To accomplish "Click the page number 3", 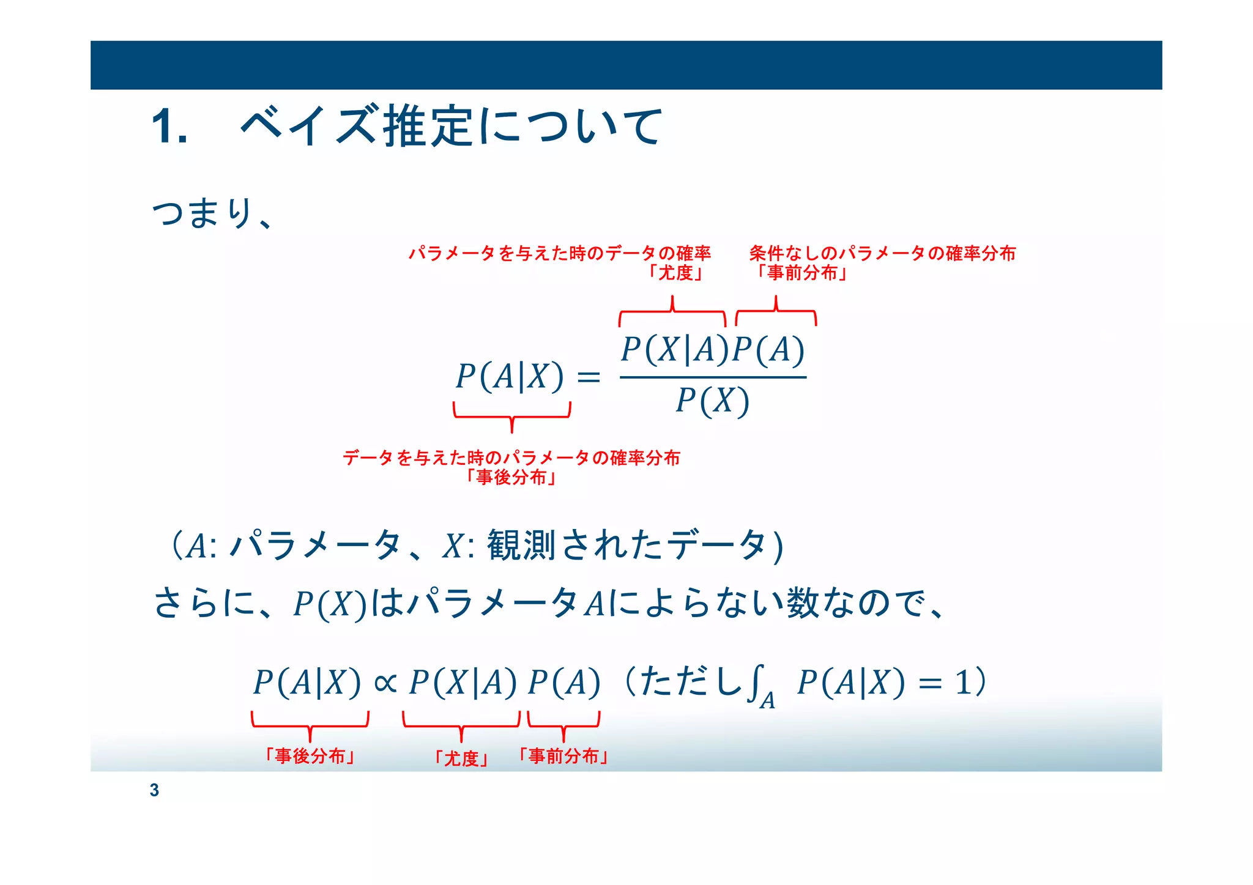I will (154, 790).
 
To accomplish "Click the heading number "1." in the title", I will (169, 127).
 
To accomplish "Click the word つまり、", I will (211, 213).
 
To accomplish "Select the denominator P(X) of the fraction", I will (712, 402).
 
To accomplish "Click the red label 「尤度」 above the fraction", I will (675, 273).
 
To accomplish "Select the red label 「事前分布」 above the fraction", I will (801, 273).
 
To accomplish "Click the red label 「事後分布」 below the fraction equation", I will (511, 477).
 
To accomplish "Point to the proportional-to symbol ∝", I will (385, 683).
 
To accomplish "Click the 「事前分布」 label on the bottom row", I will (563, 757).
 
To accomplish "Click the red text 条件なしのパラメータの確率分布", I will (882, 253).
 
